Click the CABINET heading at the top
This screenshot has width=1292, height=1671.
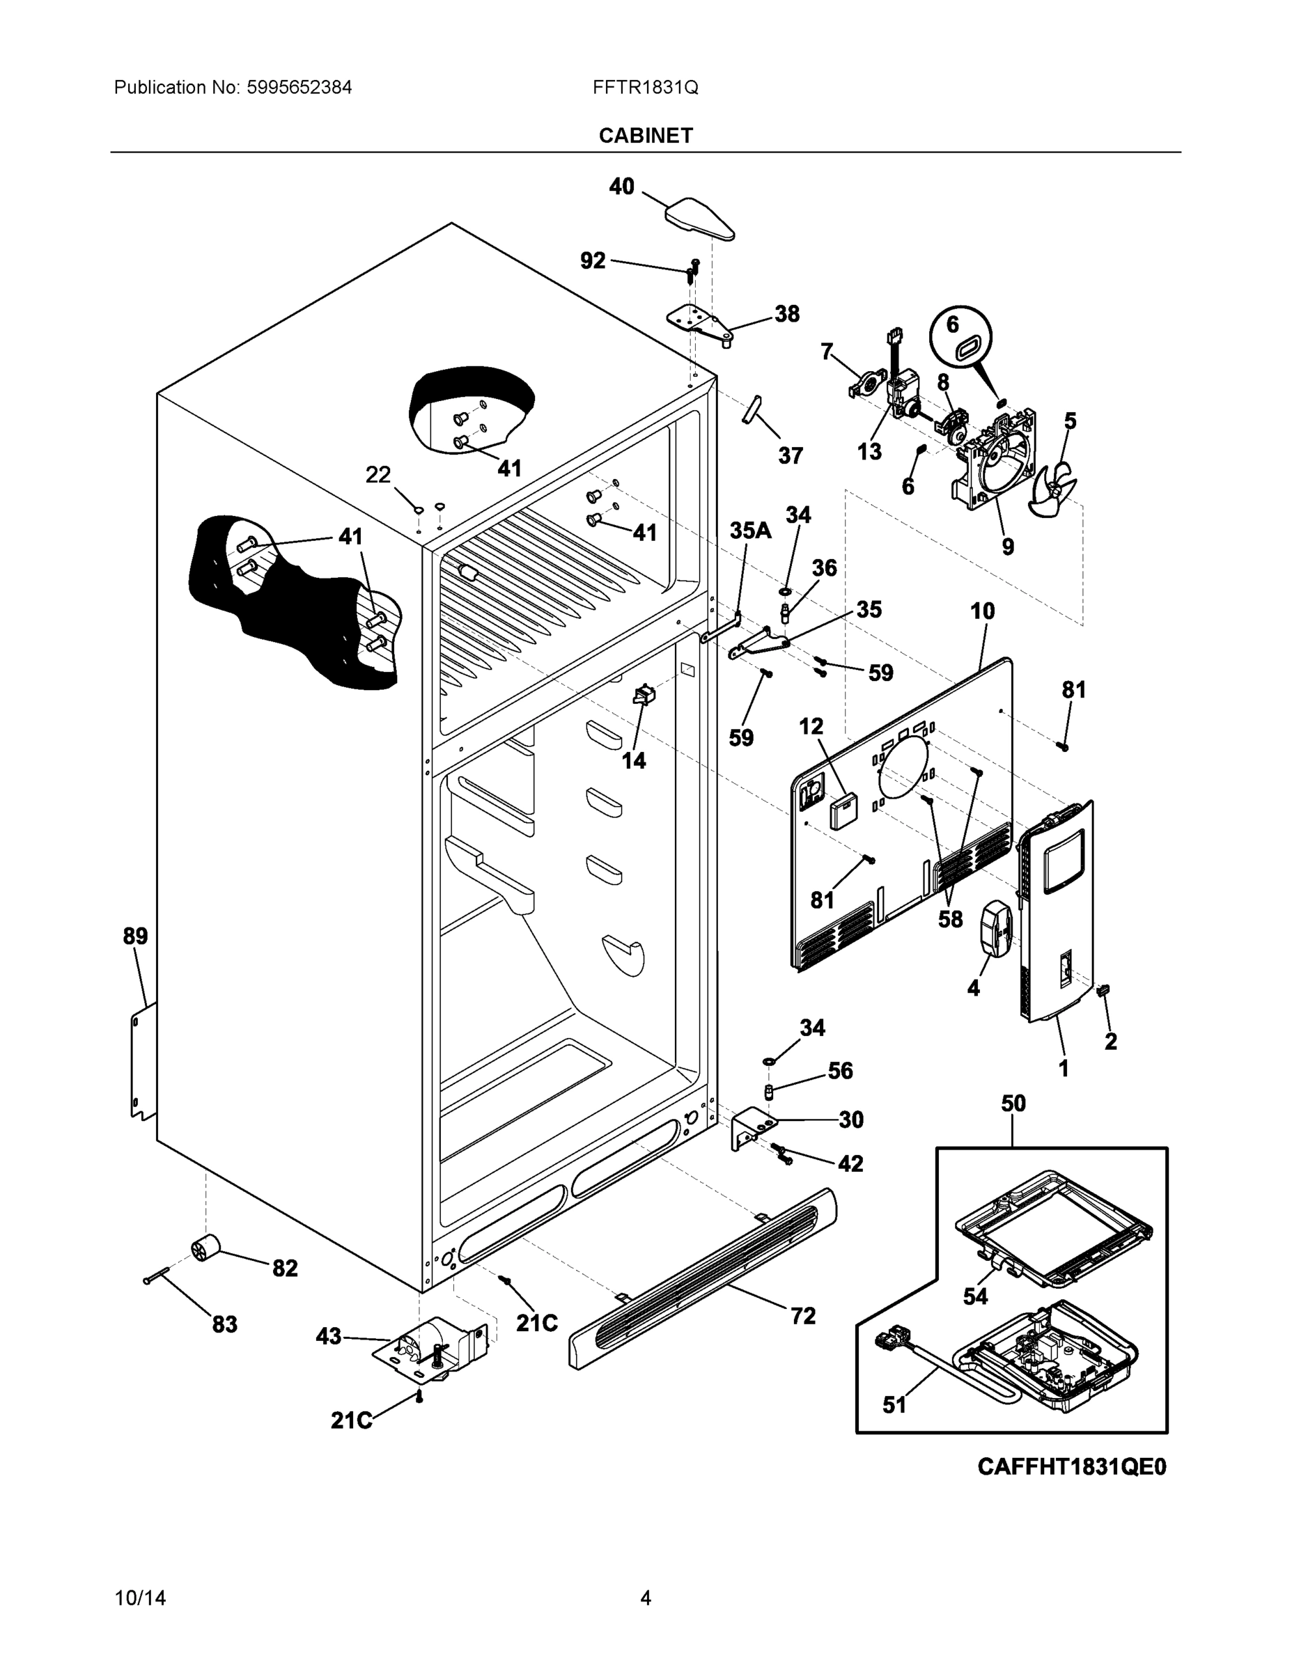pos(645,136)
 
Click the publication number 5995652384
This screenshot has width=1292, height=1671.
pos(299,87)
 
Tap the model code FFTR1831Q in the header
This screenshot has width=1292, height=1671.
pos(644,87)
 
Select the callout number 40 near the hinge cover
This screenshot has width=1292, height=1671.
pos(621,186)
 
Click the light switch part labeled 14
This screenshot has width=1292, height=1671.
pos(644,696)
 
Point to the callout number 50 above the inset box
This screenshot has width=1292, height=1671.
pos(1013,1104)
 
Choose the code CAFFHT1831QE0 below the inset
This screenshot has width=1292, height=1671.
pos(1072,1467)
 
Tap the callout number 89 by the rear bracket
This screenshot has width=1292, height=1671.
pos(136,936)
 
